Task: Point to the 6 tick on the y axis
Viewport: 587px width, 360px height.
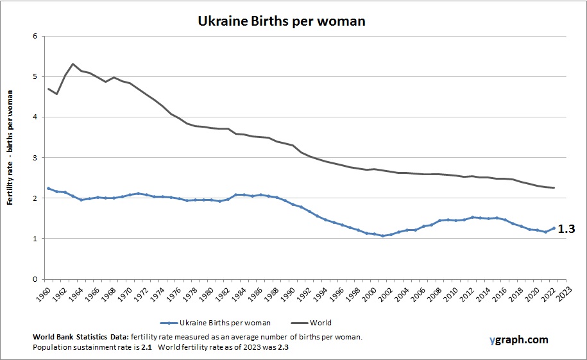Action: point(35,36)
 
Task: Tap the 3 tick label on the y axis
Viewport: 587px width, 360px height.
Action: point(35,158)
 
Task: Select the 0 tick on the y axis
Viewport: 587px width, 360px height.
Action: point(35,280)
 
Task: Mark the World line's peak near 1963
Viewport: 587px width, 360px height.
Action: point(73,64)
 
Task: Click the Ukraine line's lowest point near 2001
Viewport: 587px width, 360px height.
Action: point(382,236)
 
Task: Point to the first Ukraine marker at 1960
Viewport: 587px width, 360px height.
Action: point(49,188)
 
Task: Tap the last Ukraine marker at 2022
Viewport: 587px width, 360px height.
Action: point(553,228)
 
